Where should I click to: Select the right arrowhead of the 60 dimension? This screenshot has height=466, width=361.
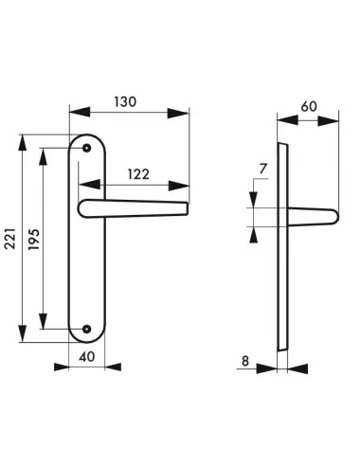click(x=335, y=120)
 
